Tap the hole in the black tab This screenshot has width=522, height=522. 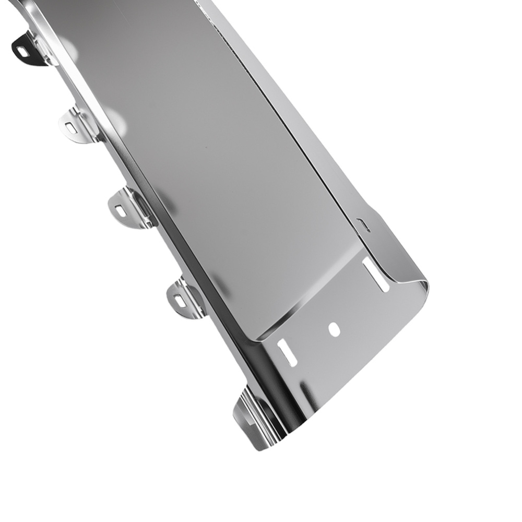pyautogui.click(x=22, y=52)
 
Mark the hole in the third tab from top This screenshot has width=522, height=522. pyautogui.click(x=120, y=211)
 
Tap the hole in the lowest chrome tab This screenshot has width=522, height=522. pyautogui.click(x=179, y=301)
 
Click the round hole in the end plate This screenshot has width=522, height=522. pyautogui.click(x=335, y=329)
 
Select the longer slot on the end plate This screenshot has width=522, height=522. pyautogui.click(x=376, y=275)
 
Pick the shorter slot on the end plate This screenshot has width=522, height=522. pyautogui.click(x=287, y=352)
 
